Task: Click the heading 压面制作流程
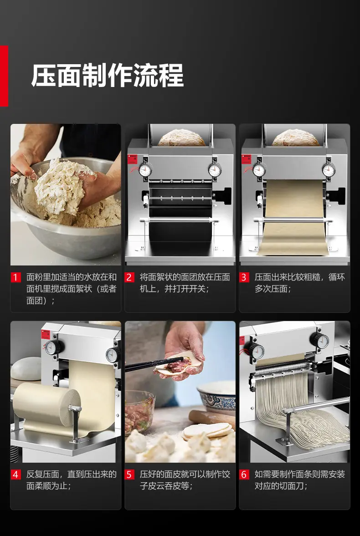[108, 76]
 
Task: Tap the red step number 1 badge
[15, 277]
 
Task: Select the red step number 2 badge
[129, 277]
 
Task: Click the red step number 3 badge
[244, 277]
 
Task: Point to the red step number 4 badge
[15, 475]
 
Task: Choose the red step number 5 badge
[129, 475]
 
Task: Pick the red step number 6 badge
[244, 475]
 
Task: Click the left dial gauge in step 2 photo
[145, 169]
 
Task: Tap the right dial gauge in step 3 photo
[329, 169]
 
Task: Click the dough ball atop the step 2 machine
[181, 138]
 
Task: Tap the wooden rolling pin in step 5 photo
[212, 419]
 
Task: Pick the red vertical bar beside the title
[4, 76]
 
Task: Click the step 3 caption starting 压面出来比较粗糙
[299, 283]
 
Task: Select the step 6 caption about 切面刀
[299, 480]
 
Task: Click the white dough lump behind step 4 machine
[26, 368]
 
